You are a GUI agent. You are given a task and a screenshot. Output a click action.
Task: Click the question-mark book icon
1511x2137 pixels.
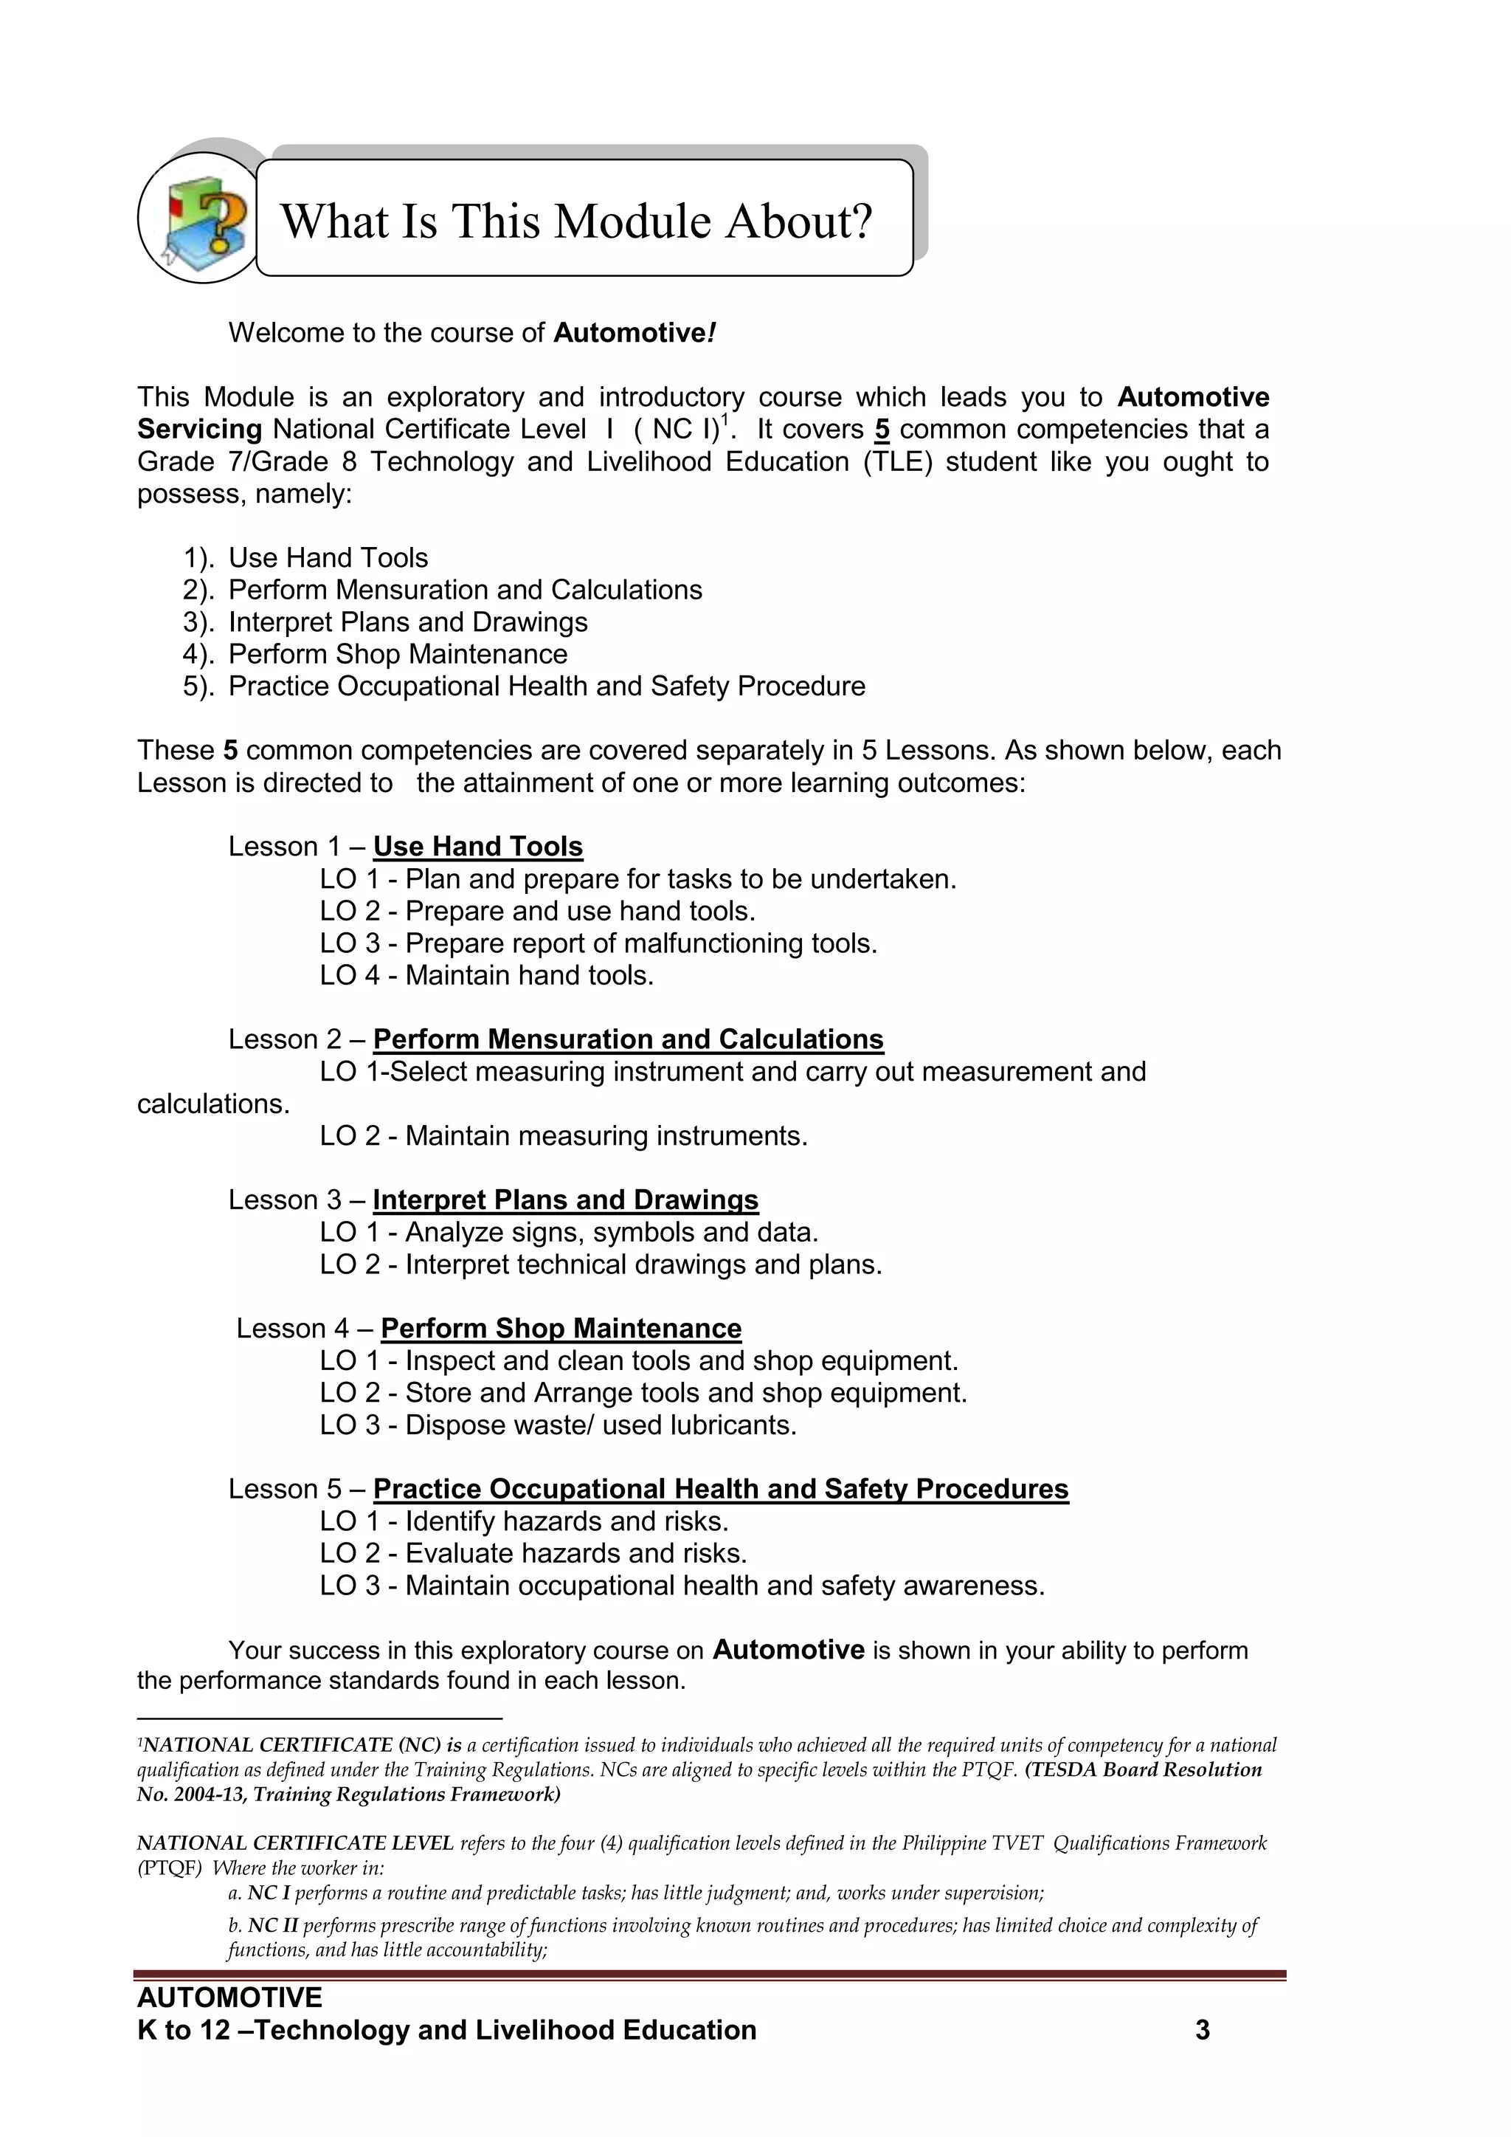[199, 218]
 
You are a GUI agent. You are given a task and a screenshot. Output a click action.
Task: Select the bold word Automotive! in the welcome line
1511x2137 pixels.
[635, 333]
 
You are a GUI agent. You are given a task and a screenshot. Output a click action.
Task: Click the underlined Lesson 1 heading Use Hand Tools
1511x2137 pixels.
[477, 846]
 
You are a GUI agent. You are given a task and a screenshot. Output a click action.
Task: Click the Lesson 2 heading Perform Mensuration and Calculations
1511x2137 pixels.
[628, 1039]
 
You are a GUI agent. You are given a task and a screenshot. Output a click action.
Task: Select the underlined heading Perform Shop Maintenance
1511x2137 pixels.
[561, 1328]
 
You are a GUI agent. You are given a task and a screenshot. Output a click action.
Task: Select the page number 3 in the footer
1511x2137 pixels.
[1202, 2030]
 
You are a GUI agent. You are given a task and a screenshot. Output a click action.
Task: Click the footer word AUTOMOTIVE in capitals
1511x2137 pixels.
[229, 1997]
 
